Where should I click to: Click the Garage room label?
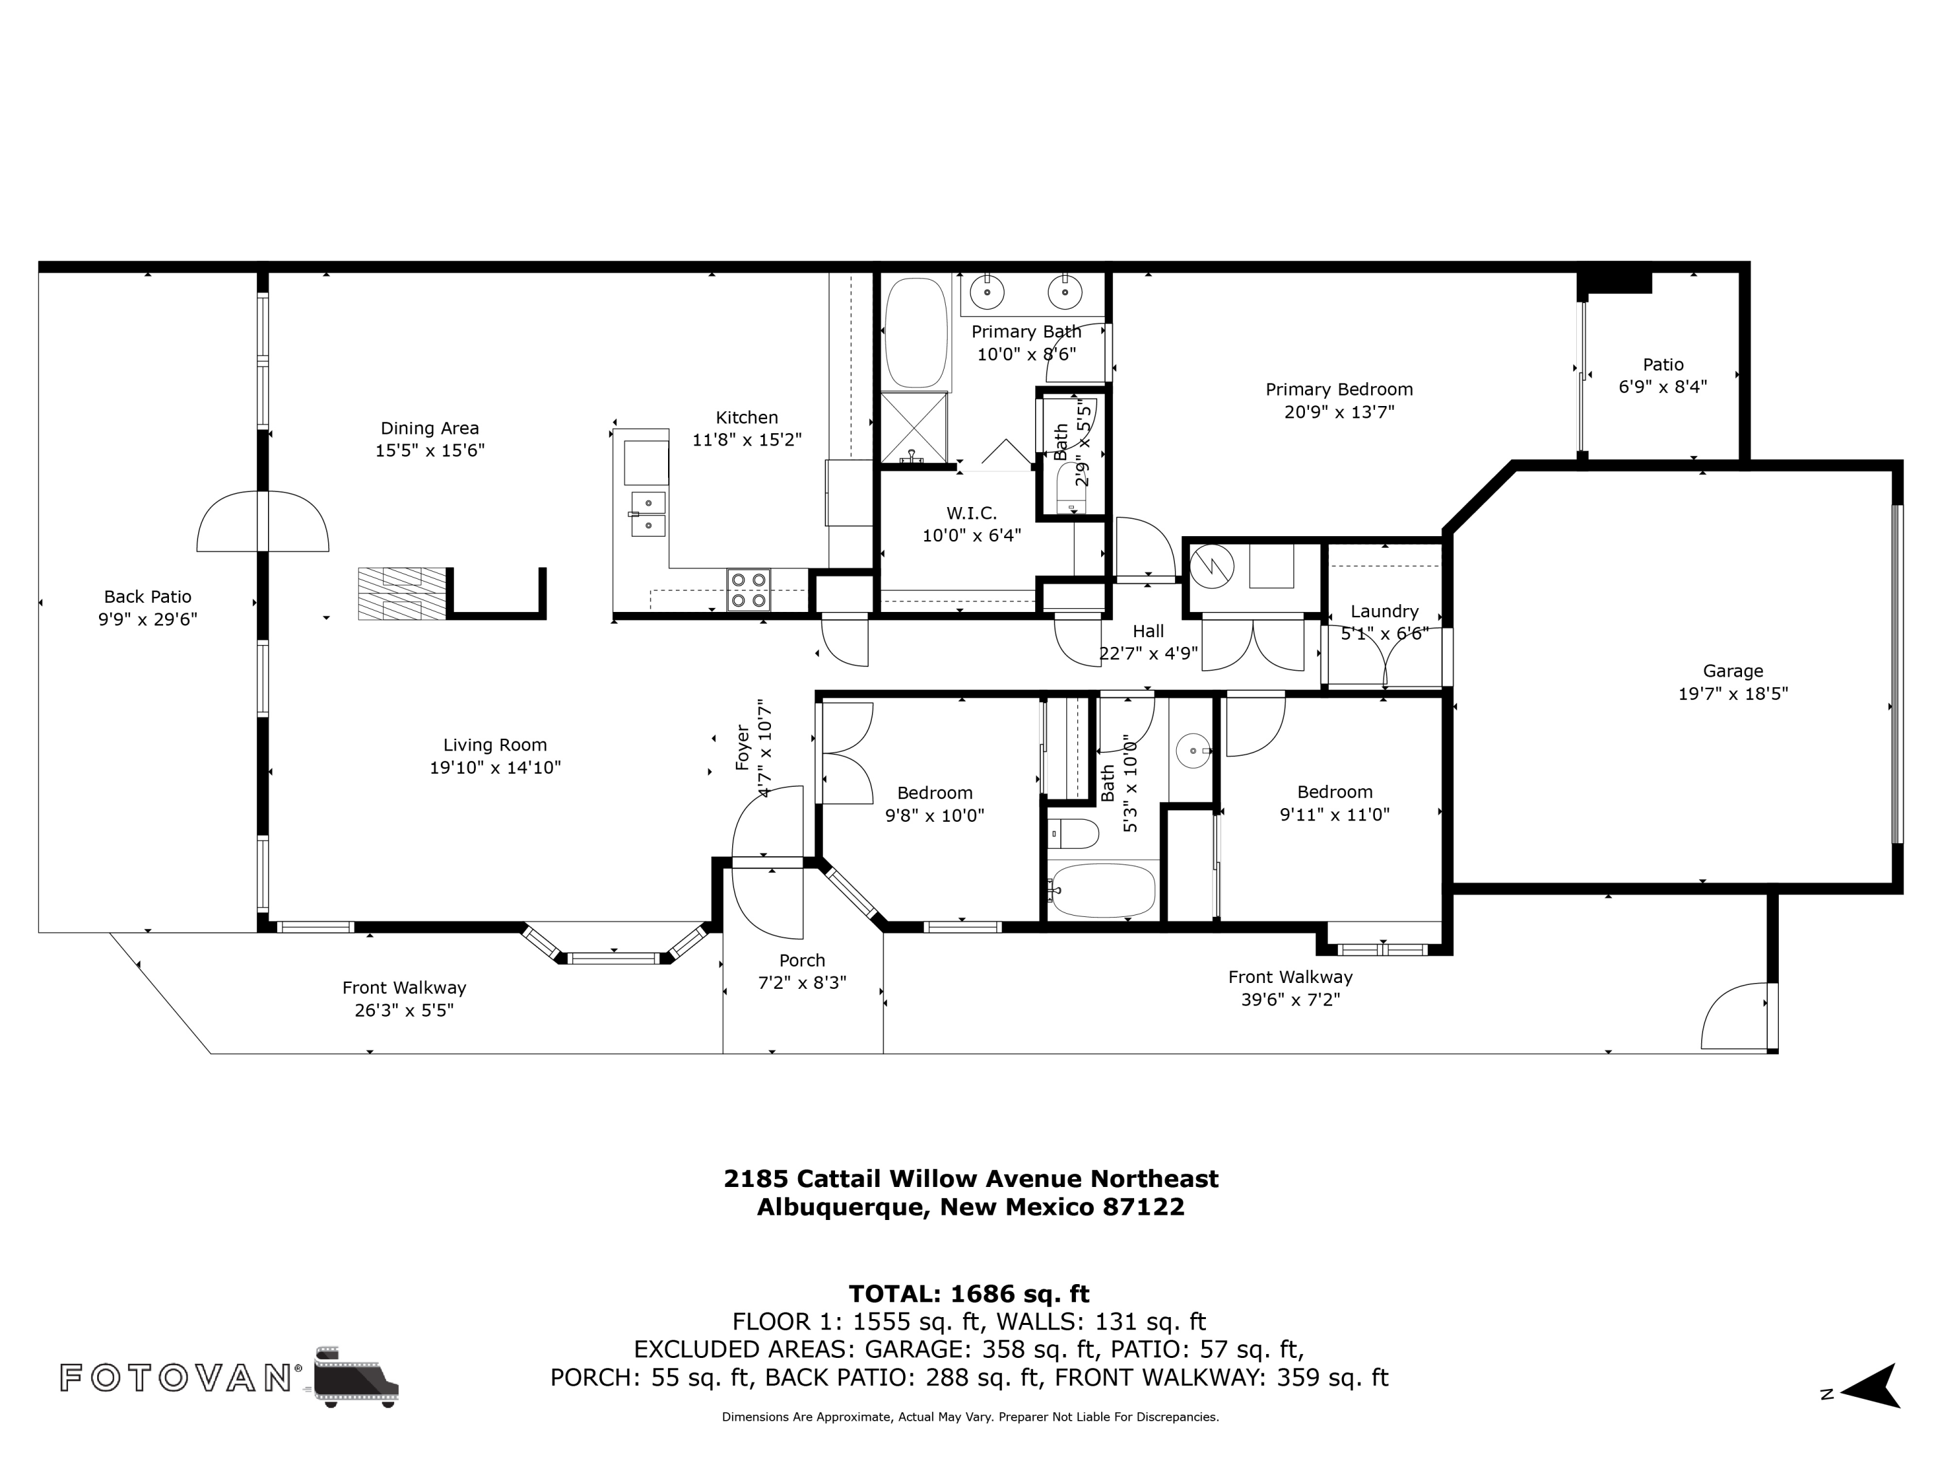pyautogui.click(x=1732, y=671)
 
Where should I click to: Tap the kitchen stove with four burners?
pyautogui.click(x=748, y=590)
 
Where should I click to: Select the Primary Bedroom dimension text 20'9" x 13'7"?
pyautogui.click(x=1339, y=412)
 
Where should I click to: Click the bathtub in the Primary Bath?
pyautogui.click(x=916, y=333)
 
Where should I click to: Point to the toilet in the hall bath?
pyautogui.click(x=1073, y=833)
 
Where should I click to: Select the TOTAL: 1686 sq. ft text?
pyautogui.click(x=969, y=1294)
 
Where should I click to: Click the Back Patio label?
pyautogui.click(x=148, y=597)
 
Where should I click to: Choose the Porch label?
pyautogui.click(x=801, y=961)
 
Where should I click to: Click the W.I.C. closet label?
pyautogui.click(x=971, y=513)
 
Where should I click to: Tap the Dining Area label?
pyautogui.click(x=429, y=429)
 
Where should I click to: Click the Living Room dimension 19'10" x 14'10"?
pyautogui.click(x=495, y=767)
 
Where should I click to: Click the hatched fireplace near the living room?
pyautogui.click(x=402, y=594)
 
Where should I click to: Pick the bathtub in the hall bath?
pyautogui.click(x=1102, y=890)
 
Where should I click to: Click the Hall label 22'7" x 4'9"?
pyautogui.click(x=1148, y=631)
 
